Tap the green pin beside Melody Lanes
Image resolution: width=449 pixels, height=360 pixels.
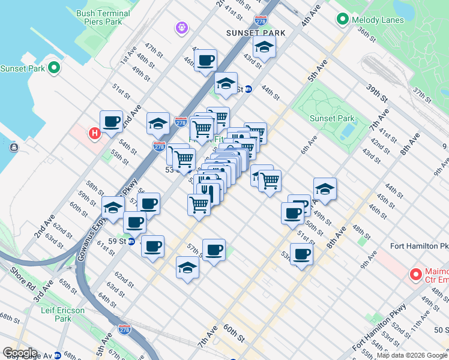(x=343, y=20)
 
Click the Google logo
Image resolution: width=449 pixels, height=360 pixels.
(x=20, y=353)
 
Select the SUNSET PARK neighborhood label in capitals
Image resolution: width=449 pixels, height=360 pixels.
(x=255, y=32)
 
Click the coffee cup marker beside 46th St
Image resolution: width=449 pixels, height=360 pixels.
(x=205, y=61)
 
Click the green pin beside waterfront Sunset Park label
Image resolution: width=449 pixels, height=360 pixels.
(x=54, y=68)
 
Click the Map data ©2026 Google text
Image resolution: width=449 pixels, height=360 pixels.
(x=412, y=355)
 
